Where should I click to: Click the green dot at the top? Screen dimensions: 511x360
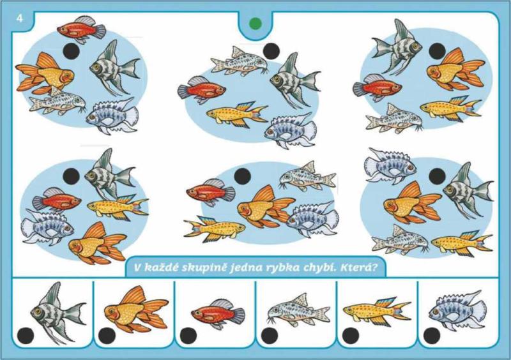255,24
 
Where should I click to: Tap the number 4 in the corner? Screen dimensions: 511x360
20,19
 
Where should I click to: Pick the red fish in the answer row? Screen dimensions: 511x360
218,313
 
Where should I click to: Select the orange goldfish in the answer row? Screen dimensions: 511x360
136,309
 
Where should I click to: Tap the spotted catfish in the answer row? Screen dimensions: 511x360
298,310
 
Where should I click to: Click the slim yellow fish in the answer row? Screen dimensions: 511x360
377,310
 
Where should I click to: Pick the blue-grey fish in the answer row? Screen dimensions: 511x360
457,310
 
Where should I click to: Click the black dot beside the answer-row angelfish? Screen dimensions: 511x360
26,336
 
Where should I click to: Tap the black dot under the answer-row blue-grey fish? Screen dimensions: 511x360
432,336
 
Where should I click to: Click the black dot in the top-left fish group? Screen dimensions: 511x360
71,51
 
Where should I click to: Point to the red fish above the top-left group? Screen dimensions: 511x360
82,29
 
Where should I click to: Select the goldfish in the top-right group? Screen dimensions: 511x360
455,70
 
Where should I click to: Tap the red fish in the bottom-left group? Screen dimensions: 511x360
57,200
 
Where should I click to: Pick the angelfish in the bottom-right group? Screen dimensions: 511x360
468,189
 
